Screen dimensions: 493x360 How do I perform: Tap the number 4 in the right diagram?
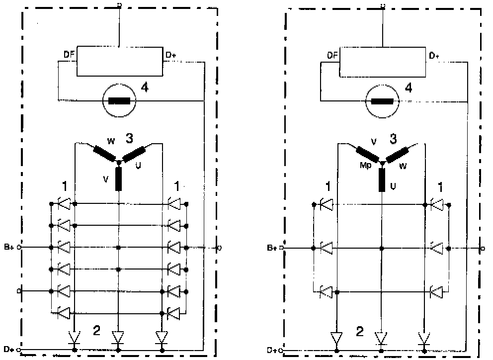coord(408,88)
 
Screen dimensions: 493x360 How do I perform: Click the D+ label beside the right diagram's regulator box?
coord(434,55)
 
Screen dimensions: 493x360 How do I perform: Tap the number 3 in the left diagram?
coord(129,138)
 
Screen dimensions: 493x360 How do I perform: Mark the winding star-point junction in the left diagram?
coord(118,163)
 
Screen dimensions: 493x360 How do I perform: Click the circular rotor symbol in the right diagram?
coord(383,101)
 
